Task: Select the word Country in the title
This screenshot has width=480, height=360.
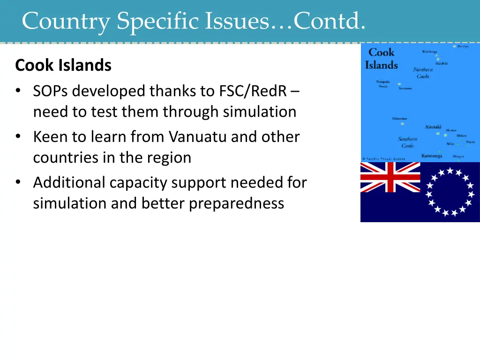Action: tap(66, 21)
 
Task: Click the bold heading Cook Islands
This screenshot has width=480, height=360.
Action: tap(63, 65)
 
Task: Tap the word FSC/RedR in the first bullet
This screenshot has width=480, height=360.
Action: tap(253, 91)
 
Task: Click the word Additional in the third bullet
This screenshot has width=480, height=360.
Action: tap(69, 182)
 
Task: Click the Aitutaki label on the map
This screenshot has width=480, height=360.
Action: tap(433, 127)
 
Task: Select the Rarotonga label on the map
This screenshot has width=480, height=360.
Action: tap(432, 155)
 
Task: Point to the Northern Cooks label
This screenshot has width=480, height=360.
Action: tap(423, 73)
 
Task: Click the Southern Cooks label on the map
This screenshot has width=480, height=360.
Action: tap(408, 142)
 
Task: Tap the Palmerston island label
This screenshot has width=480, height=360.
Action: tap(399, 119)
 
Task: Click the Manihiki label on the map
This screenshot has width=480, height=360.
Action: tap(441, 63)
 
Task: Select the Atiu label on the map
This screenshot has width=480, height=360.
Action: tap(450, 143)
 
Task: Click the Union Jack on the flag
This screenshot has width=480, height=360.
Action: tap(390, 177)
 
